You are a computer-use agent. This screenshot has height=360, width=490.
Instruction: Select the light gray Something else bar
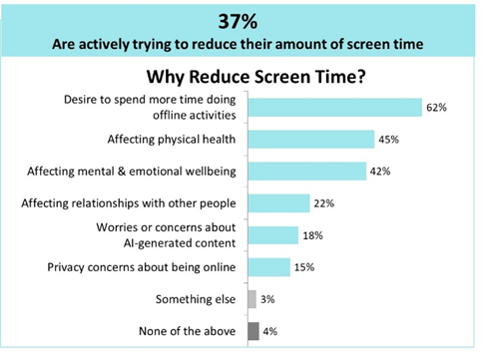click(250, 299)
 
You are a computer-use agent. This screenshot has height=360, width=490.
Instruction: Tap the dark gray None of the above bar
click(252, 331)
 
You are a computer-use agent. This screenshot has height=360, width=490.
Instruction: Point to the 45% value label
click(389, 140)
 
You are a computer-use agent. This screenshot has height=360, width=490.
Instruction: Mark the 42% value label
click(380, 172)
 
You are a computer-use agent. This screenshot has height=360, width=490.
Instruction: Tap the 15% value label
click(304, 267)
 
